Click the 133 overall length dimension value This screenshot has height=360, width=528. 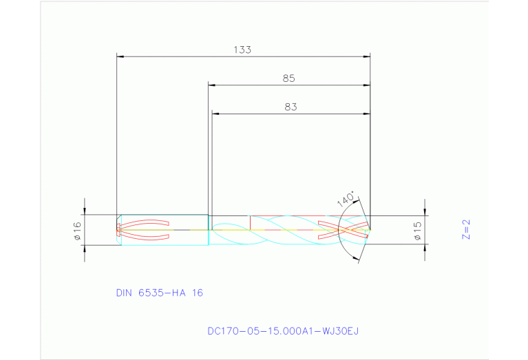[242, 50]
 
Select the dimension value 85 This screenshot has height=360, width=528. [288, 78]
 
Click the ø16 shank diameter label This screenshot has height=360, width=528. [77, 230]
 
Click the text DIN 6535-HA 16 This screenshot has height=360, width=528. [159, 293]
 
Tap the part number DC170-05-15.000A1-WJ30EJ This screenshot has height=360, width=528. [283, 331]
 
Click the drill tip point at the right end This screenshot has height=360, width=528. [370, 229]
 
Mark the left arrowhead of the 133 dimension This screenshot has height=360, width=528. [120, 56]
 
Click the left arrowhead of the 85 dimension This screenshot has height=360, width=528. [212, 85]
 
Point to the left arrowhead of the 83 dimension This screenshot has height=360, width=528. [215, 114]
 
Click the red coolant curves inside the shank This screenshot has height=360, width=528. [145, 230]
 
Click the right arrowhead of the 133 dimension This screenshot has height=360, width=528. [367, 56]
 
